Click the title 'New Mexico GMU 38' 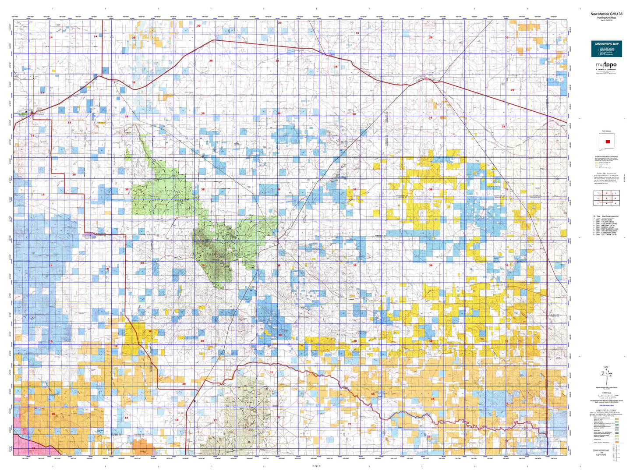(x=606, y=14)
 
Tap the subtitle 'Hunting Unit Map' (x=606, y=18)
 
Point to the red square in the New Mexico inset (x=607, y=142)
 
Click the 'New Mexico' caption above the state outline (x=606, y=131)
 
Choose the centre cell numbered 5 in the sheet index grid (x=606, y=198)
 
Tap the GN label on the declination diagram (x=606, y=367)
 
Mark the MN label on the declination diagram (x=609, y=374)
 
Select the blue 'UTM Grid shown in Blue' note (x=606, y=405)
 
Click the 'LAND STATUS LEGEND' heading (x=606, y=411)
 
